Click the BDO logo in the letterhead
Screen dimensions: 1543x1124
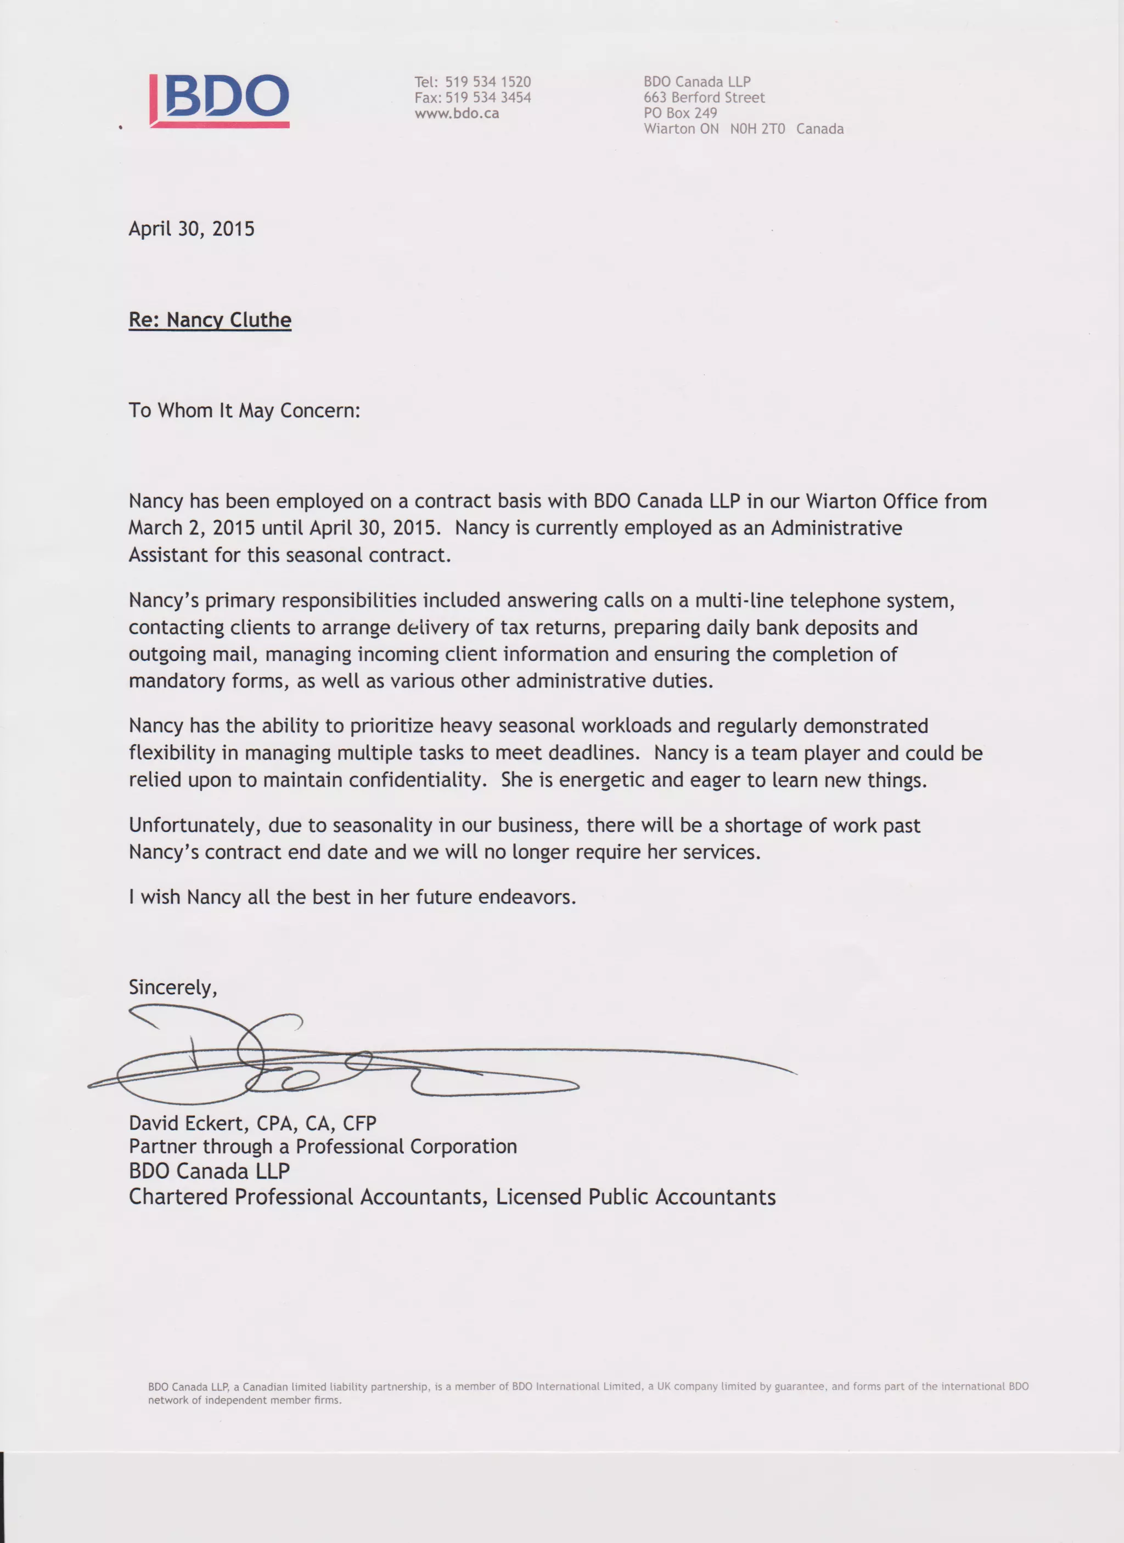(x=220, y=100)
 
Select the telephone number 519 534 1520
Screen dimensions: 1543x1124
(x=488, y=82)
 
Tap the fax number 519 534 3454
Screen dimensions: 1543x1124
(x=488, y=97)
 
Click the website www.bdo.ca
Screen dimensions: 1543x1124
(x=457, y=113)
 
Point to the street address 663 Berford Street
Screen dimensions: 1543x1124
(x=704, y=97)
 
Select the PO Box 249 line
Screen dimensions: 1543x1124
(x=681, y=113)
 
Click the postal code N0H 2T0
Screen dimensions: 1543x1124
(x=757, y=128)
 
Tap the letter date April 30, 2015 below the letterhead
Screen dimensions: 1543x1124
(x=191, y=229)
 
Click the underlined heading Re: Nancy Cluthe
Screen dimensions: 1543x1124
(x=210, y=320)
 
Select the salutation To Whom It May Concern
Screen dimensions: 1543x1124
(x=244, y=410)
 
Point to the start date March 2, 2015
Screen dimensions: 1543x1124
(x=192, y=528)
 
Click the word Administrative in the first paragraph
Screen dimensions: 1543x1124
(x=836, y=528)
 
